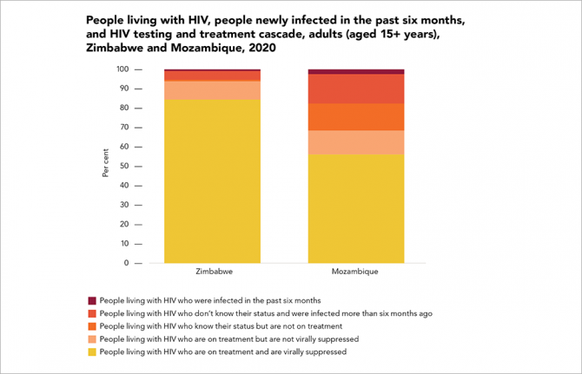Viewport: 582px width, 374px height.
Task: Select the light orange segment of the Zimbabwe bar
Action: point(213,90)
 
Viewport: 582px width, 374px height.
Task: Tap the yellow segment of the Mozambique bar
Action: point(356,208)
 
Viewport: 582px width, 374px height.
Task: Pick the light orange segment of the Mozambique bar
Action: point(356,142)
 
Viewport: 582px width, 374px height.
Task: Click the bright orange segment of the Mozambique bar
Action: point(356,116)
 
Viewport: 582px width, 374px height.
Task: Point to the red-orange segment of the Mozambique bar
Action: point(356,89)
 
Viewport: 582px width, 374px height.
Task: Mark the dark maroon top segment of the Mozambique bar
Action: point(356,71)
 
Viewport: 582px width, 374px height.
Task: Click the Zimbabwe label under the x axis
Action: point(213,272)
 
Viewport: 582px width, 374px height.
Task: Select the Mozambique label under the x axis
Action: point(356,272)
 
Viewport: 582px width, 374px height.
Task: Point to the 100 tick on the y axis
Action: point(122,69)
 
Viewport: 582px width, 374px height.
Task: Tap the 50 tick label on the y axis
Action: point(124,166)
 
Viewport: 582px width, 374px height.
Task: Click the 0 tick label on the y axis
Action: point(127,263)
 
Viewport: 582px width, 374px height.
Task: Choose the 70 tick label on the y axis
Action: point(124,128)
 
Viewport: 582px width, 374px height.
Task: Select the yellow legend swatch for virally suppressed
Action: point(92,351)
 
